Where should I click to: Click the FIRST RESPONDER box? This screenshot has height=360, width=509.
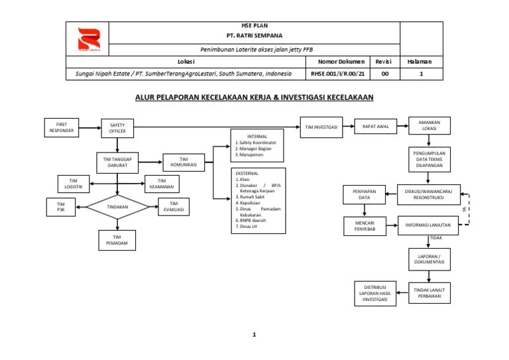(62, 127)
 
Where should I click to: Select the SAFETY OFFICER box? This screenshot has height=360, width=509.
(117, 128)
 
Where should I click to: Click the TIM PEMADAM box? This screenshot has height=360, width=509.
(117, 240)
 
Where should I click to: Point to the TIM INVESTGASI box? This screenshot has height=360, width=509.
(323, 127)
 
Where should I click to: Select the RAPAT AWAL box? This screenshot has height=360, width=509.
(374, 126)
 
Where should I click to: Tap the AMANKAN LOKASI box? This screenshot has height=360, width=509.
(429, 125)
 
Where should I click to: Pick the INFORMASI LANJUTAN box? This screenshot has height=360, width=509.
(428, 225)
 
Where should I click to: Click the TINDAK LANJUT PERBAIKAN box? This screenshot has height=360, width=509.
(429, 293)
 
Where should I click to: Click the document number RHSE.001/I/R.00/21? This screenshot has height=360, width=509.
(337, 75)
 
